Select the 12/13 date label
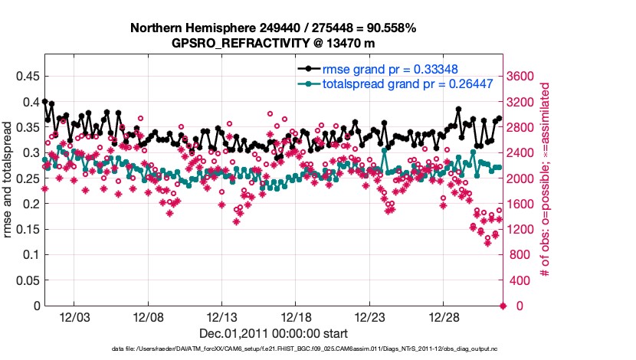(221, 317)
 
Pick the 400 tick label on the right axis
(522, 280)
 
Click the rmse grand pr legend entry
(389, 69)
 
